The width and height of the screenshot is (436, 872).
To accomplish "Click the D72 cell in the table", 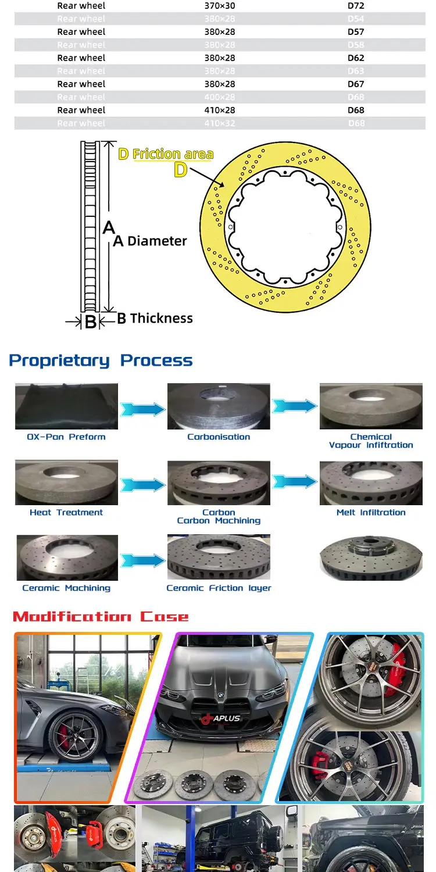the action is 356,6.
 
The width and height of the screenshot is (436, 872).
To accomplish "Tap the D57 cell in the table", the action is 356,32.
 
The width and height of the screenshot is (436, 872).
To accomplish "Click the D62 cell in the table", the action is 356,58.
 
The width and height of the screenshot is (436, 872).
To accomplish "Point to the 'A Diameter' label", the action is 151,241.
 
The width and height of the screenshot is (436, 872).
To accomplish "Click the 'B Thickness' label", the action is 155,318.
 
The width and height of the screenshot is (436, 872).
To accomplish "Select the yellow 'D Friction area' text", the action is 166,154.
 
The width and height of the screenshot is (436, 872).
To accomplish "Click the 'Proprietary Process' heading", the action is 101,360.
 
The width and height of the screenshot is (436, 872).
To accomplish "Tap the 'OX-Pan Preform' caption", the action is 66,437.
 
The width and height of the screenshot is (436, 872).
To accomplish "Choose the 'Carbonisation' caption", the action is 219,437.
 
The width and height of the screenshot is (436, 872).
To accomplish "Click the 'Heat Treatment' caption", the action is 66,512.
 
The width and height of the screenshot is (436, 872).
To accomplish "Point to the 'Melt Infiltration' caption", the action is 371,512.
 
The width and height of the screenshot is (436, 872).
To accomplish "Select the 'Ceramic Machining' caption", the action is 66,588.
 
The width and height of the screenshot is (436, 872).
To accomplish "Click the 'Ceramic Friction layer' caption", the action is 219,588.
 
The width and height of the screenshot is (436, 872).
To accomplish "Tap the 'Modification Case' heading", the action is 101,617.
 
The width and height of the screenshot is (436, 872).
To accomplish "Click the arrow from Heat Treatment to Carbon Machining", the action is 142,484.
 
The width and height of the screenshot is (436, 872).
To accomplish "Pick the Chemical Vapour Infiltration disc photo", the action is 371,406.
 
